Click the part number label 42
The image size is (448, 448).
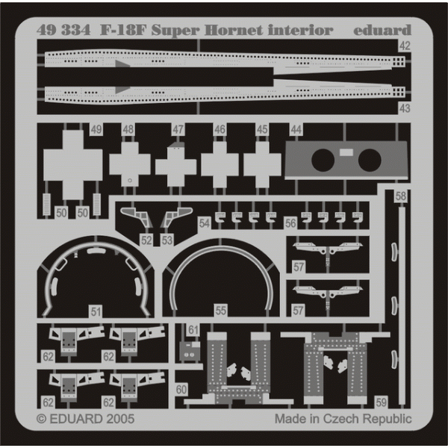pos(405,46)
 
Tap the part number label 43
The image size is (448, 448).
pos(405,108)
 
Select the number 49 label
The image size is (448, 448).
pos(96,129)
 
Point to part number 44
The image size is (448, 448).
pos(296,130)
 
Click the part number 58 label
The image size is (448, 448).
pos(400,196)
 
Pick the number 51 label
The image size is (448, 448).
pos(96,311)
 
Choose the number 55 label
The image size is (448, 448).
pos(220,311)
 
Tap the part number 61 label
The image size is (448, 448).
pos(193,330)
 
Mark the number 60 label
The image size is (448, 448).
pos(181,390)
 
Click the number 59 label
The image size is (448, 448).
pos(381,402)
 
